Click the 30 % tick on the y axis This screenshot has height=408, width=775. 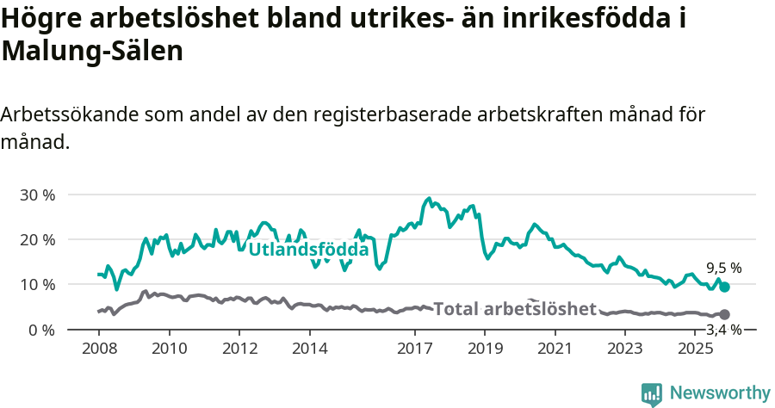click(x=38, y=195)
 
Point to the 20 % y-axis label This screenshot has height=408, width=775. click(x=38, y=239)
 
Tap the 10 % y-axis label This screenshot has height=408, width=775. click(x=38, y=284)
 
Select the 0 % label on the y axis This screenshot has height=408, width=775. click(x=42, y=330)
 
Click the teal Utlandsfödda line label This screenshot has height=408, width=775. click(x=308, y=250)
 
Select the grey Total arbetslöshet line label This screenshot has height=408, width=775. click(x=514, y=309)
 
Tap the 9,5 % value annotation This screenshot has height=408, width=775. click(x=723, y=268)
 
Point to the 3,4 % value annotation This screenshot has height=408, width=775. click(x=723, y=329)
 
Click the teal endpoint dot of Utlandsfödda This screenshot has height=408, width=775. click(x=724, y=287)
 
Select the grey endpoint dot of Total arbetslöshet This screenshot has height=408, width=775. click(x=724, y=315)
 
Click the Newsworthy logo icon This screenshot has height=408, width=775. click(x=652, y=393)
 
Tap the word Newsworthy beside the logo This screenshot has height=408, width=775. click(x=720, y=393)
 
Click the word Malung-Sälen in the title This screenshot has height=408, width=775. click(x=92, y=52)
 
